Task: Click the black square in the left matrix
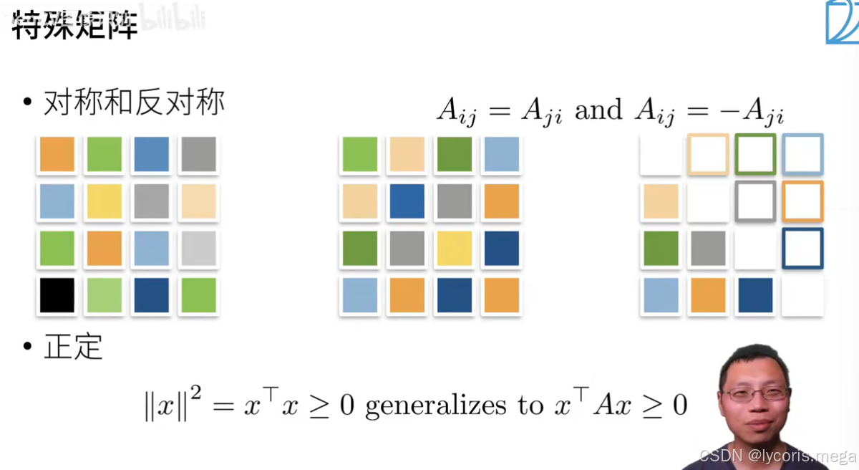pyautogui.click(x=57, y=295)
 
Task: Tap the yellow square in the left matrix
pyautogui.click(x=104, y=201)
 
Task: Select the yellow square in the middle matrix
pyautogui.click(x=455, y=249)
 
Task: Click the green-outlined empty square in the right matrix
pyautogui.click(x=755, y=154)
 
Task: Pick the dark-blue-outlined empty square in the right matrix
pyautogui.click(x=802, y=249)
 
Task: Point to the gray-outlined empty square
pyautogui.click(x=755, y=201)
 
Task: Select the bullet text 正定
pyautogui.click(x=73, y=347)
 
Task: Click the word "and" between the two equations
pyautogui.click(x=598, y=110)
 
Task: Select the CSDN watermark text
pyautogui.click(x=776, y=456)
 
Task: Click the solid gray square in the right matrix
pyautogui.click(x=708, y=249)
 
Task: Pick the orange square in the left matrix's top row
pyautogui.click(x=57, y=154)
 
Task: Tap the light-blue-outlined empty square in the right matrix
pyautogui.click(x=802, y=154)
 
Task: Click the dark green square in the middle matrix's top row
pyautogui.click(x=455, y=154)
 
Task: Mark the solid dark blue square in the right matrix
pyautogui.click(x=755, y=295)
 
